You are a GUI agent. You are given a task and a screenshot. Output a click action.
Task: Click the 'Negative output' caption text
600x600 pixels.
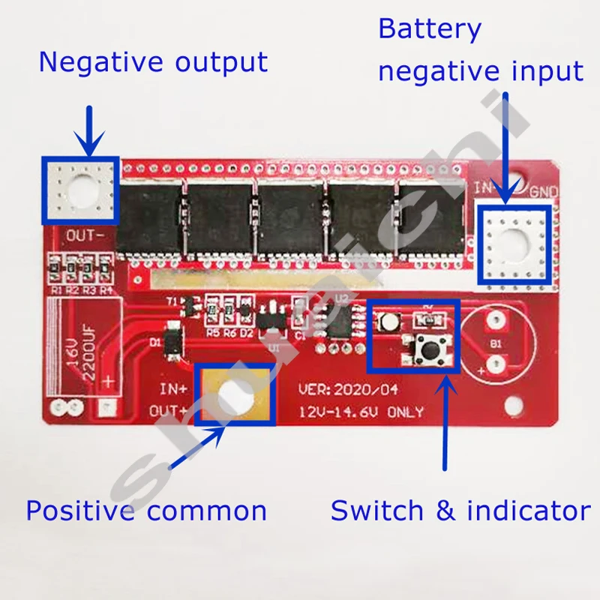point(153,61)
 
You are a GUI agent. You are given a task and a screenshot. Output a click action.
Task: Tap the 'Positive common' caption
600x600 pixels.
point(146,511)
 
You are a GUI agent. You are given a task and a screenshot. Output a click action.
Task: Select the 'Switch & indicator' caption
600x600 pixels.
point(460,511)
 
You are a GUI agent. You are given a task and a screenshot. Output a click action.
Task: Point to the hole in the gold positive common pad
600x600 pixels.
point(233,394)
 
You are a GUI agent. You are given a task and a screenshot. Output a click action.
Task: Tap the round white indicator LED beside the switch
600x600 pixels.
point(389,322)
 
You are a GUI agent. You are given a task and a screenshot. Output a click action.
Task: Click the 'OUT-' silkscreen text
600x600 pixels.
point(89,235)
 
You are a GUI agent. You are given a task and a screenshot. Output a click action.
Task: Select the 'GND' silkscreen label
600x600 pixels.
point(542,190)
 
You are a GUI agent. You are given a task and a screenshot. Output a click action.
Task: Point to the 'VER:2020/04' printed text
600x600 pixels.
point(348,390)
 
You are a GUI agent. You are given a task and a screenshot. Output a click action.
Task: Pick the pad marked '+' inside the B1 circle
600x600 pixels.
point(493,366)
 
